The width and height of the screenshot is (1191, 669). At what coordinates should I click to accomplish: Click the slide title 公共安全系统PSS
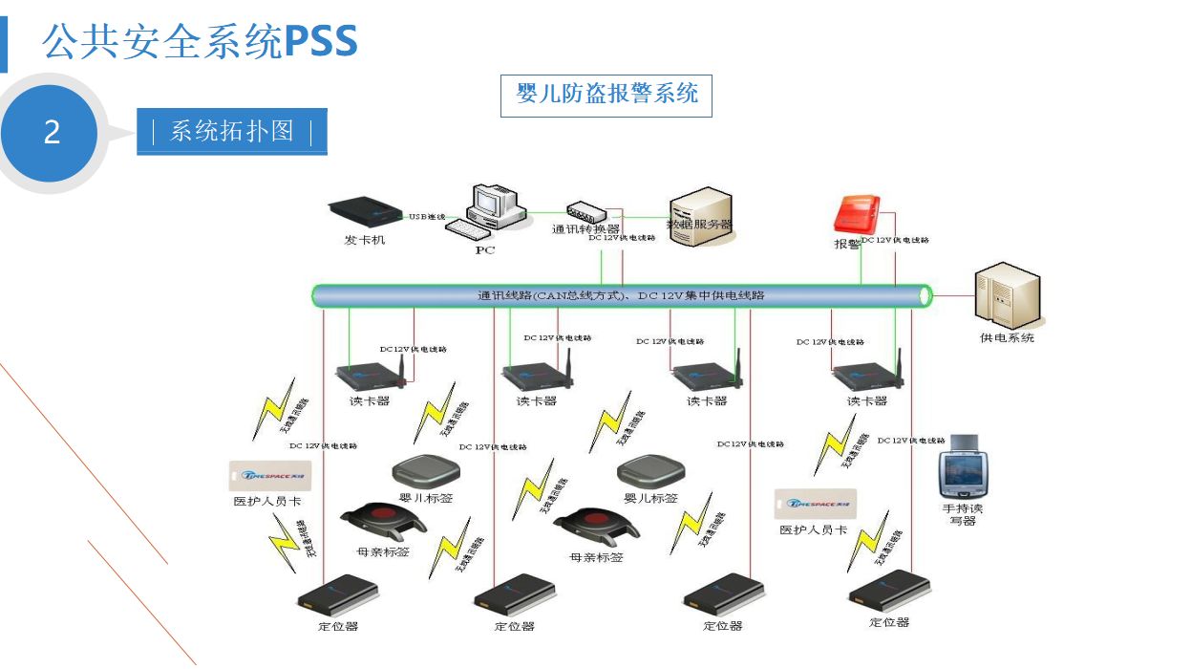[x=200, y=42]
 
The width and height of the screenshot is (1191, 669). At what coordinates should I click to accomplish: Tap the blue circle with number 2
[x=52, y=132]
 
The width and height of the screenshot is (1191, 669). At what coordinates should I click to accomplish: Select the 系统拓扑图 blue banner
[x=232, y=131]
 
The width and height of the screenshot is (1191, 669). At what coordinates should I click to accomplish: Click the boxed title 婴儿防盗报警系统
[x=606, y=94]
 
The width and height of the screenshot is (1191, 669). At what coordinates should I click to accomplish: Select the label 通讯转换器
[x=585, y=229]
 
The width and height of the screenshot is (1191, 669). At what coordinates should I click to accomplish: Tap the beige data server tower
[x=700, y=215]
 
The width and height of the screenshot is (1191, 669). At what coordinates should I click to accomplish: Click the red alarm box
[x=857, y=213]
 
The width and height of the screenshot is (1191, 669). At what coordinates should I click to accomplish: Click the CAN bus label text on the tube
[x=621, y=295]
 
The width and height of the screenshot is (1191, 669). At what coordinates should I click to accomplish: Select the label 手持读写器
[x=962, y=514]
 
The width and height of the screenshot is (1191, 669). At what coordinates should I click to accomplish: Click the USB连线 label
[x=428, y=217]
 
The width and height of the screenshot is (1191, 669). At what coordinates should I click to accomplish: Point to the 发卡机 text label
[x=364, y=240]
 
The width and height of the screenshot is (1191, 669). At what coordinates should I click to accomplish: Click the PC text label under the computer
[x=485, y=250]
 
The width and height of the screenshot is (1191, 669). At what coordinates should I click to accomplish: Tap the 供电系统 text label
[x=1007, y=337]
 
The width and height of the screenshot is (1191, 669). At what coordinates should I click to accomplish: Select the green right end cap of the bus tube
[x=925, y=295]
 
